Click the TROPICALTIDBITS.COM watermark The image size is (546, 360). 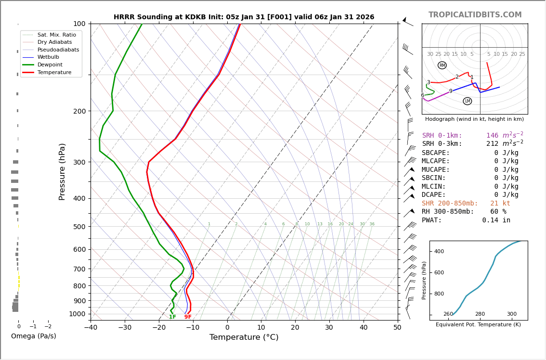point(475,15)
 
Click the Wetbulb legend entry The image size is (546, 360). point(48,57)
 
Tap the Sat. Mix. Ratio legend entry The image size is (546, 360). point(56,35)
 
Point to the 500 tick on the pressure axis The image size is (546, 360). point(79,227)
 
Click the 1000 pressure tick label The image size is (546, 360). point(77,314)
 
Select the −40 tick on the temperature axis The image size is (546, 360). point(91,328)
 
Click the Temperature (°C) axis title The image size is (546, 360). point(244,337)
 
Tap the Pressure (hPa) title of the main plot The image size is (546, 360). point(62,171)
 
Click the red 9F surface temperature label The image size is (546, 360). point(188,317)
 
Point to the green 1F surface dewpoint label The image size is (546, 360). point(172,317)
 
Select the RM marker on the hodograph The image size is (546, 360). point(442,65)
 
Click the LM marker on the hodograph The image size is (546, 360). point(467,101)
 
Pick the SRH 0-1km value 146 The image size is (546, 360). point(492,136)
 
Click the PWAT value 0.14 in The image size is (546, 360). point(496,220)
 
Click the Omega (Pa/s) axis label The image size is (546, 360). point(34,336)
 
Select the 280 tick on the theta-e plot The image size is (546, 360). point(480,314)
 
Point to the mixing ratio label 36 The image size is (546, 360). point(372,224)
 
